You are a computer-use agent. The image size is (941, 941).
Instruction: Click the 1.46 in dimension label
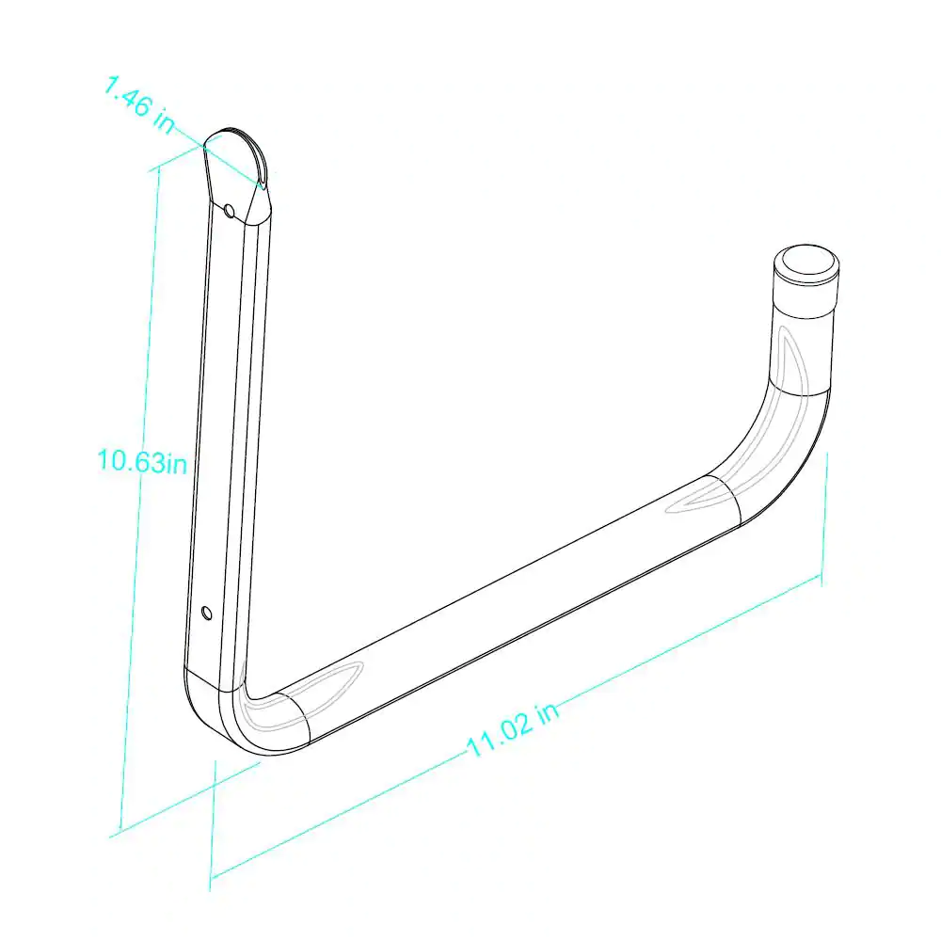139,107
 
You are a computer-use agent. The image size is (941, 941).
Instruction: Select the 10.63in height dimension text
142,461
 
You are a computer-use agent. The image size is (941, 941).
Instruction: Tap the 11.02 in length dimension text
513,730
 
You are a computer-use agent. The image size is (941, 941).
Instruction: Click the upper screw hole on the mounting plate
230,210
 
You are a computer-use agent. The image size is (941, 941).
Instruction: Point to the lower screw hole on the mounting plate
207,614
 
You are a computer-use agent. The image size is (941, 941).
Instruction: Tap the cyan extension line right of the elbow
825,518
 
